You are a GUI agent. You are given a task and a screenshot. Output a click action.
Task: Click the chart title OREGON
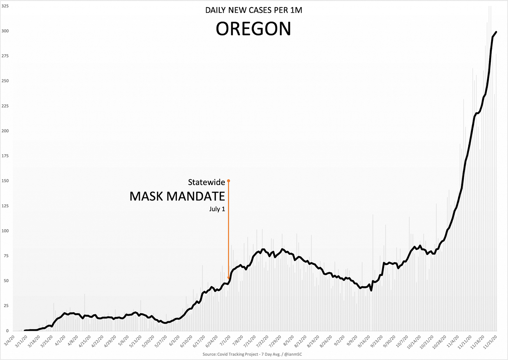pyautogui.click(x=253, y=29)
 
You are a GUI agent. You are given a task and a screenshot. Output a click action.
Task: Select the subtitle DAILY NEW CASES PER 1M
pyautogui.click(x=254, y=10)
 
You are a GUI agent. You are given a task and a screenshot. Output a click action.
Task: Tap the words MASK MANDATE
pyautogui.click(x=177, y=196)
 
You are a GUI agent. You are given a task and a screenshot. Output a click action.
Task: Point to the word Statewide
pyautogui.click(x=207, y=182)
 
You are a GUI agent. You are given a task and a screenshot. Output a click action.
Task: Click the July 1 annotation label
pyautogui.click(x=217, y=209)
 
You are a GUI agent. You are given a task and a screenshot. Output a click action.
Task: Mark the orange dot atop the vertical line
pyautogui.click(x=229, y=181)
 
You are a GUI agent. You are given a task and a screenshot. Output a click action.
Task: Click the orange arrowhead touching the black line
pyautogui.click(x=229, y=278)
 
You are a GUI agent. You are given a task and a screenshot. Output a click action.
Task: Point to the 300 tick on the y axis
pyautogui.click(x=5, y=31)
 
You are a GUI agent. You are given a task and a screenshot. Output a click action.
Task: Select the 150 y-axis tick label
pyautogui.click(x=5, y=181)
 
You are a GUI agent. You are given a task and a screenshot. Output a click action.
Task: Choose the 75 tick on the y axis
pyautogui.click(x=6, y=256)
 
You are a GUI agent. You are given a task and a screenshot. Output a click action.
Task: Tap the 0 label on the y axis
pyautogui.click(x=7, y=331)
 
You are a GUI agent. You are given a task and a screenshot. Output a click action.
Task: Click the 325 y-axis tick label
pyautogui.click(x=5, y=6)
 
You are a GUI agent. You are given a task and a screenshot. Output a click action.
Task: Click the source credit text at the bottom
pyautogui.click(x=252, y=354)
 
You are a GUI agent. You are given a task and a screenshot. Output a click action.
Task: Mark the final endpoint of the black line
pyautogui.click(x=496, y=32)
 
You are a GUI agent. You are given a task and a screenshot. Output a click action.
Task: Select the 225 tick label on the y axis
pyautogui.click(x=5, y=106)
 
